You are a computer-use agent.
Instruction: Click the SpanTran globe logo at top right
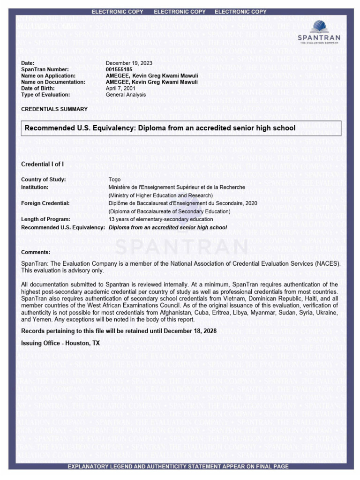(319, 27)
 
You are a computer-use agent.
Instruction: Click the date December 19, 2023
(129, 63)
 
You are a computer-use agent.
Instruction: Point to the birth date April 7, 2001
(120, 88)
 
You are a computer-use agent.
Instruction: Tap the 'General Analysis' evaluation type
(126, 95)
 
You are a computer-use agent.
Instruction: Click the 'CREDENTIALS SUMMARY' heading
(54, 109)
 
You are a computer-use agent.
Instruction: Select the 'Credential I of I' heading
(43, 164)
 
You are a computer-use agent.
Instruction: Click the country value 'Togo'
(115, 180)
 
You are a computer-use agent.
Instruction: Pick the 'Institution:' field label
(35, 187)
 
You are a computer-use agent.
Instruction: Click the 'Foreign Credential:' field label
(45, 203)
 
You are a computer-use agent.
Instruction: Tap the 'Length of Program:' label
(45, 219)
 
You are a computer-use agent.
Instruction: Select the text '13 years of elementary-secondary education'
(161, 219)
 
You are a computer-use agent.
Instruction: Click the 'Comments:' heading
(36, 252)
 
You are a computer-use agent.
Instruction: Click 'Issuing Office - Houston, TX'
(60, 343)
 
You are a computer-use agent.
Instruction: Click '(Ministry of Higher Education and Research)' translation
(161, 195)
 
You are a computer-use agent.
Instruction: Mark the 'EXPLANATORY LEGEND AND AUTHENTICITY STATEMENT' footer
(178, 466)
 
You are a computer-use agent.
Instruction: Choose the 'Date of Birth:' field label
(38, 88)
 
